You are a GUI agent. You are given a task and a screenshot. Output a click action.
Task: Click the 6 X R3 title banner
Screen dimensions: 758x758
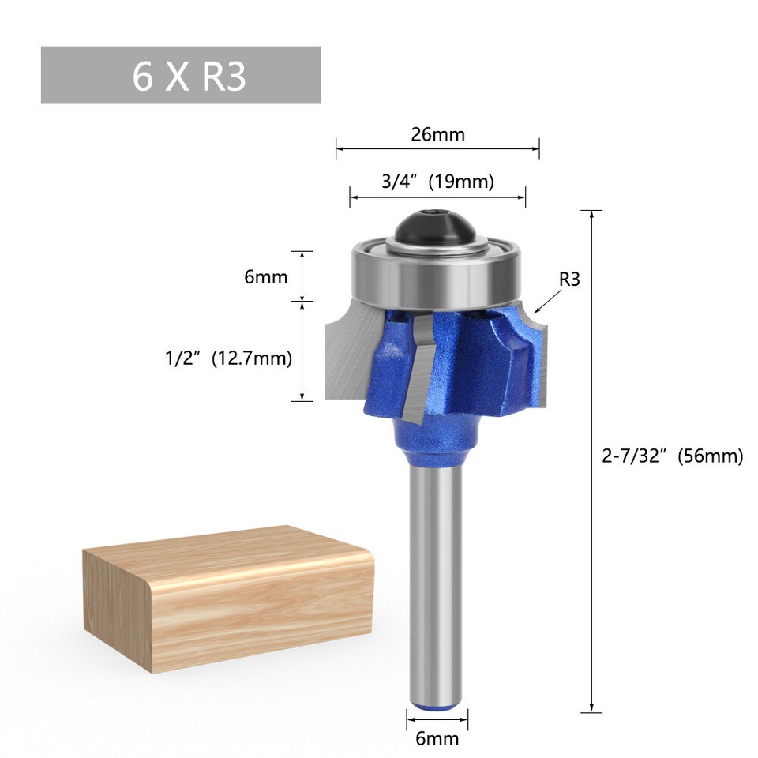[x=180, y=75]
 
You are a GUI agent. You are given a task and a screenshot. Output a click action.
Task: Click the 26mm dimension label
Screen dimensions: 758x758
[x=437, y=134]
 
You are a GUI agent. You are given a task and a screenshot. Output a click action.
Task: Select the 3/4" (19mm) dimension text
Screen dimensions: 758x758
[x=437, y=182]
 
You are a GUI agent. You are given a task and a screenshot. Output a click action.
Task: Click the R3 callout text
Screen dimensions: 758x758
[x=569, y=279]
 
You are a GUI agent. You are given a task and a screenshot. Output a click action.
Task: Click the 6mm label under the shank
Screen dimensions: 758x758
[x=437, y=739]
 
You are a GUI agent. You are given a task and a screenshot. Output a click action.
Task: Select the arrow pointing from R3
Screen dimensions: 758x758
[x=548, y=302]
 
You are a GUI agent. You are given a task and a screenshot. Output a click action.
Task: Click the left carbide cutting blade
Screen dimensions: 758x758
[x=347, y=355]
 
